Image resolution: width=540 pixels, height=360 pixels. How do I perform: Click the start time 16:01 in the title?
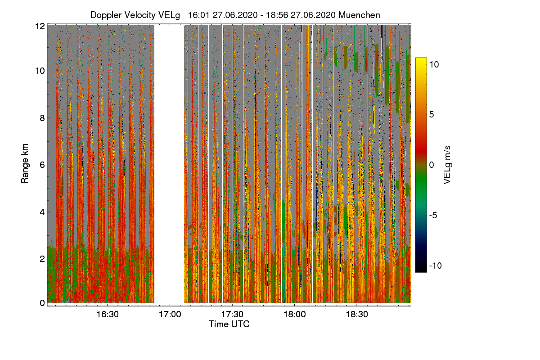pos(198,15)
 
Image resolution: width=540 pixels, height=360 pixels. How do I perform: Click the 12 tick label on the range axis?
pos(40,26)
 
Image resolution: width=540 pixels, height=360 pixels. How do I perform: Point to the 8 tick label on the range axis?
pos(42,118)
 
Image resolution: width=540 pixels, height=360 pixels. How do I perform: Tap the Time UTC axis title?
pos(229,324)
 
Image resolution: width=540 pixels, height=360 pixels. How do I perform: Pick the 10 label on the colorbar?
pos(434,64)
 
